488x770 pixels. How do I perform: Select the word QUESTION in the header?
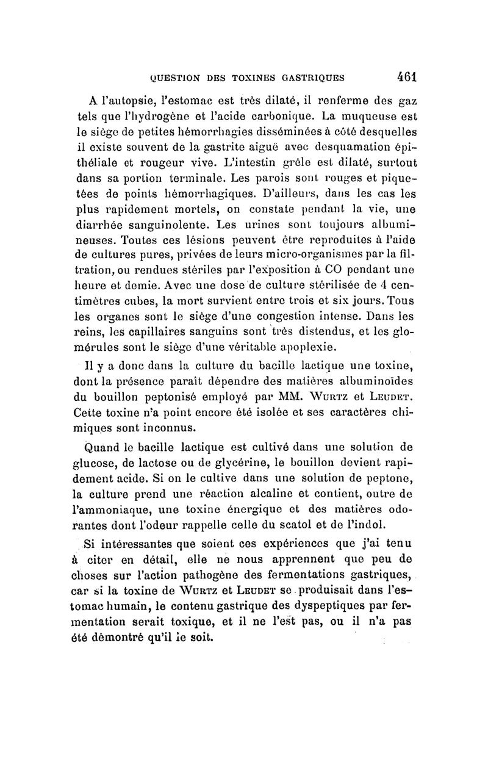coord(176,78)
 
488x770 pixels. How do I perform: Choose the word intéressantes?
coord(154,543)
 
